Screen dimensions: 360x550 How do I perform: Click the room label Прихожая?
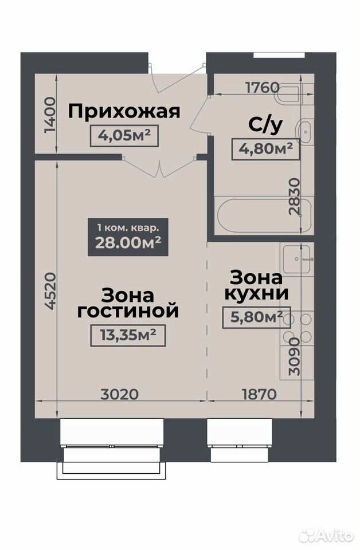[124, 112]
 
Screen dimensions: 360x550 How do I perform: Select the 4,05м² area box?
[124, 136]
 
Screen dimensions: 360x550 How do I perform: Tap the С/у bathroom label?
[265, 125]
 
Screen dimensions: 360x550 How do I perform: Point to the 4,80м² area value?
[266, 149]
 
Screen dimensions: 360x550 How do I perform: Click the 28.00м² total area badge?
[128, 237]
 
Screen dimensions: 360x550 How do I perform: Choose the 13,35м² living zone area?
[128, 335]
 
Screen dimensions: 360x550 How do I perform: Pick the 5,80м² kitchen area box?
[256, 317]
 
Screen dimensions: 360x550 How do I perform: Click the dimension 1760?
[263, 87]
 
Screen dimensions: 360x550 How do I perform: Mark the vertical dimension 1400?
[50, 115]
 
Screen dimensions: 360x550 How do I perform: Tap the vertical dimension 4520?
[50, 290]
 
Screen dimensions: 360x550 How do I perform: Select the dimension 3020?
[120, 394]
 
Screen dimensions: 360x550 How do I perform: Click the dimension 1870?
[259, 394]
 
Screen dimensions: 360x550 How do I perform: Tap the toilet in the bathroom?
[288, 95]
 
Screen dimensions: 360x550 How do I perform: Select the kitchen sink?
[296, 259]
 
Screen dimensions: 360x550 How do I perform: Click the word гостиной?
[128, 311]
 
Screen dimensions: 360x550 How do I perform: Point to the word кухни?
[256, 294]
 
